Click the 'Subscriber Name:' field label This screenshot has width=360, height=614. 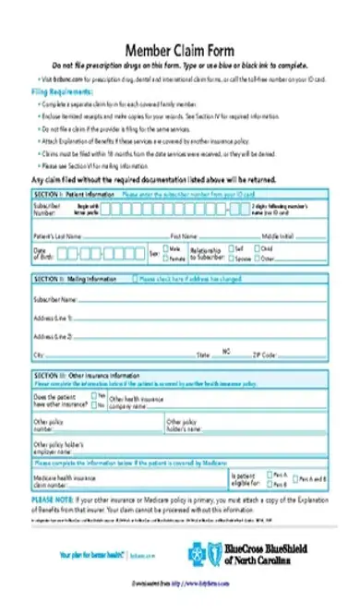[x=54, y=300]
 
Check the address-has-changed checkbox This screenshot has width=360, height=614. [x=137, y=278]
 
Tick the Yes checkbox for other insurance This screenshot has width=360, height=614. [x=93, y=394]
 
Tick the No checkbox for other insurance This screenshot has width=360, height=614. [x=93, y=403]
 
